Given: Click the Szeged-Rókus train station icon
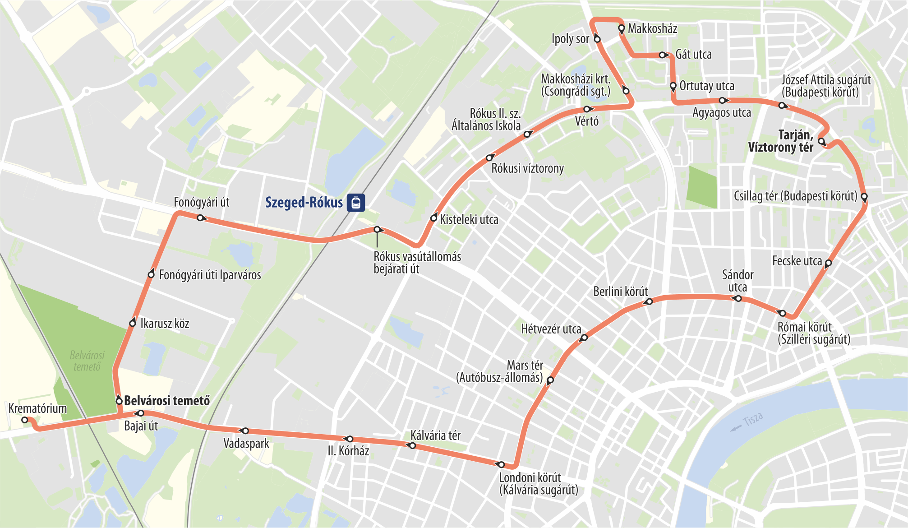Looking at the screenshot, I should [x=356, y=203].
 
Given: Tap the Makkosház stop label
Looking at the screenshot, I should [x=652, y=29].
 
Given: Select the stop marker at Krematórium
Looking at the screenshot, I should [x=25, y=420].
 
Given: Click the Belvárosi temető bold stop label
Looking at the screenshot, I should [x=167, y=401].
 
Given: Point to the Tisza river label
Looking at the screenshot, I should [x=753, y=419].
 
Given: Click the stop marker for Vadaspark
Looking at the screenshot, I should [x=245, y=431].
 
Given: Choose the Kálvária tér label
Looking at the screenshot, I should [x=435, y=435].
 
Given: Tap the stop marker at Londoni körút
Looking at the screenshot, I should [x=501, y=464].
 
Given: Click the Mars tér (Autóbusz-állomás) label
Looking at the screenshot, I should [x=500, y=371].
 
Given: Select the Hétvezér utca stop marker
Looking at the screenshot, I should [x=584, y=338].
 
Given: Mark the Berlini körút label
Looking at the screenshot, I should [x=620, y=292].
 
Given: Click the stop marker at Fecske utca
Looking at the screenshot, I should [x=828, y=262].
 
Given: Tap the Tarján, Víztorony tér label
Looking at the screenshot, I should [x=781, y=141].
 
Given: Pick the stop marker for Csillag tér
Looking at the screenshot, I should [x=864, y=197].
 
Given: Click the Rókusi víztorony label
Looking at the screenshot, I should [x=527, y=169].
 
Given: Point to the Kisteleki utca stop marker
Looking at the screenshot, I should [x=434, y=218].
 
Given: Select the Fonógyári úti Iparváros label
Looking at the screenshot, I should [x=210, y=275].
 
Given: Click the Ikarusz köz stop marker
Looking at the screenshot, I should [x=133, y=323].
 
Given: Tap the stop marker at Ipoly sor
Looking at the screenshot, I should [x=597, y=39].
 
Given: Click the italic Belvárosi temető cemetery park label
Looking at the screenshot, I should [x=87, y=361].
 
